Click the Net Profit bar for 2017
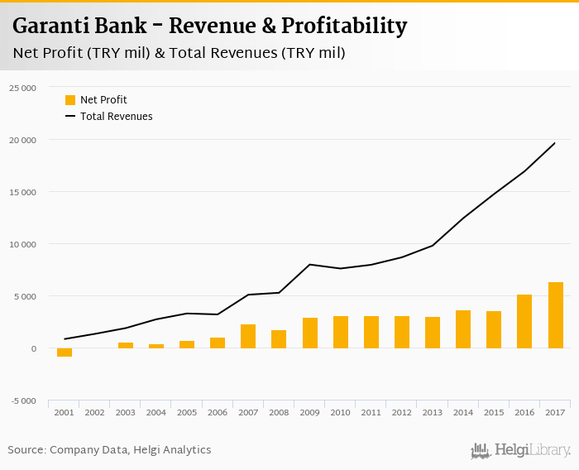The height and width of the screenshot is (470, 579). [555, 315]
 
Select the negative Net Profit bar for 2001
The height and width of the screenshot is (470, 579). [65, 352]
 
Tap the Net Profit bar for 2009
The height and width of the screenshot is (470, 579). [310, 333]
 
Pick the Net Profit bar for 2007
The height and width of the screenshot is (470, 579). [248, 336]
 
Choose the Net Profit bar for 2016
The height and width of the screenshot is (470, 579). [524, 321]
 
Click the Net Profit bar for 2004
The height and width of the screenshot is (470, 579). [156, 346]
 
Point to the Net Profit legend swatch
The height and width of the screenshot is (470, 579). [70, 100]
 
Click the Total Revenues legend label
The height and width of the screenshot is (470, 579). [116, 117]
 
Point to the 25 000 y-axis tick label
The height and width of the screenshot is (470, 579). [22, 88]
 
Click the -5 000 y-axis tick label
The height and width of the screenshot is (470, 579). [23, 401]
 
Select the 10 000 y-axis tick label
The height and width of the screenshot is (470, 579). [22, 244]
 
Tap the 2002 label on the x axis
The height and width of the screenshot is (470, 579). [95, 412]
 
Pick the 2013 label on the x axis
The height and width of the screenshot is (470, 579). [433, 412]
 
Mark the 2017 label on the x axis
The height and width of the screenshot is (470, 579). [555, 412]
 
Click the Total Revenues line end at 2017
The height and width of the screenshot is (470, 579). [555, 143]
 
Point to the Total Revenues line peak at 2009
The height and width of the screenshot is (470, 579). [309, 265]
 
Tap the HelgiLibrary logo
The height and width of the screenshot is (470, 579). [521, 451]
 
